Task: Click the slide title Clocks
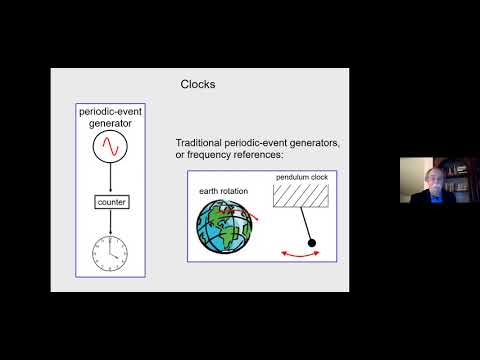click(x=197, y=85)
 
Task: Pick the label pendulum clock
click(x=300, y=178)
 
